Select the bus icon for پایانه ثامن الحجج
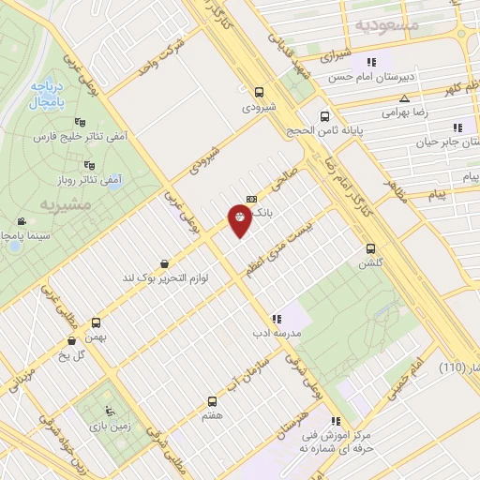[324, 117]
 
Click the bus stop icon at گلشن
[371, 249]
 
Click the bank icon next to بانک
[250, 198]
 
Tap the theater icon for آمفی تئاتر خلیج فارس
[79, 121]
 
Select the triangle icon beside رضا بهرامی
[404, 97]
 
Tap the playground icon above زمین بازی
[112, 410]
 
